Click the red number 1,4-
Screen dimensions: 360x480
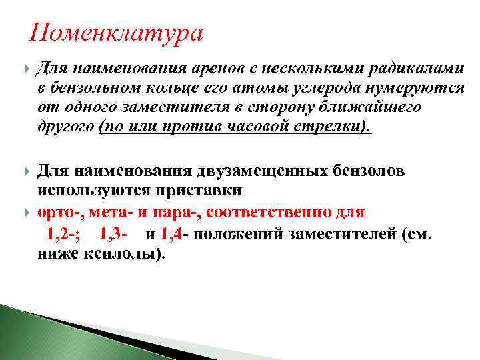[x=175, y=234]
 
